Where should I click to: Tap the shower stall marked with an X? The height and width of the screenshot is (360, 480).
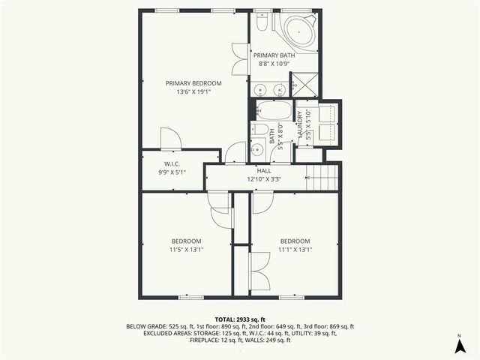(304, 84)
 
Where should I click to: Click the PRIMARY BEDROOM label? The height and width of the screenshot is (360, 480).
(193, 82)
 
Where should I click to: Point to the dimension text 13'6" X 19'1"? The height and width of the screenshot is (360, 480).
(193, 92)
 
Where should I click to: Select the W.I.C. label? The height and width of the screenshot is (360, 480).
(172, 163)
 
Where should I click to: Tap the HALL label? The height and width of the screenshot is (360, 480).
(264, 171)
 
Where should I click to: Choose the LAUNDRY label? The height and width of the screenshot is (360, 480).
(299, 123)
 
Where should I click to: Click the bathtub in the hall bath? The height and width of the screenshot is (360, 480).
(270, 110)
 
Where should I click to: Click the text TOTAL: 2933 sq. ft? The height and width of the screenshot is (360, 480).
(240, 319)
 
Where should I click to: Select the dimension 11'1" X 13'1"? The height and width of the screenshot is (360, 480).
(295, 250)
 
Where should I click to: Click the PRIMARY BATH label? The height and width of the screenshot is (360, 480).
(274, 55)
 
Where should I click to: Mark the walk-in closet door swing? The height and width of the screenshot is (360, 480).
(169, 138)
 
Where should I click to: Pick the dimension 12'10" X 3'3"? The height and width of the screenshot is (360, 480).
(264, 179)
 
